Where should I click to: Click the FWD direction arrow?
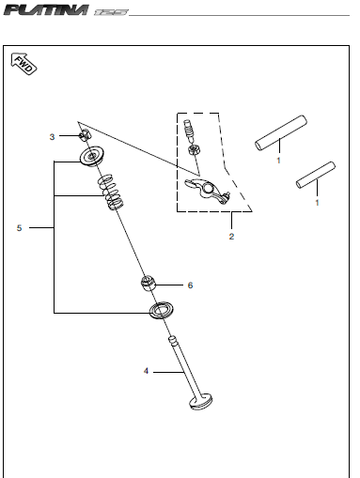click(x=23, y=64)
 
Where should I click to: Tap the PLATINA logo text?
click(x=46, y=9)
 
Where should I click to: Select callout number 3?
click(x=52, y=137)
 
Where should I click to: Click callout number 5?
click(x=19, y=228)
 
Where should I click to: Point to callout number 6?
click(x=190, y=285)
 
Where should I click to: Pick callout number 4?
click(x=146, y=371)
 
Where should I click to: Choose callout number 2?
click(x=231, y=237)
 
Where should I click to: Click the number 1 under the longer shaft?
click(x=278, y=161)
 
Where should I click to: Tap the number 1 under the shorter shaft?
click(x=317, y=203)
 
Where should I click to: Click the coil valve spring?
click(x=110, y=192)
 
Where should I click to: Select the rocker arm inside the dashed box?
click(x=207, y=191)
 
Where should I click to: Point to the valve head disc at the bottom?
click(x=201, y=402)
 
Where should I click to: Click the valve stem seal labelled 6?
click(x=148, y=283)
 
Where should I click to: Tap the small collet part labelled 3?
click(x=85, y=135)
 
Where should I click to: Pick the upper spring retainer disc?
click(x=91, y=156)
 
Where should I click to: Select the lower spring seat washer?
click(x=161, y=311)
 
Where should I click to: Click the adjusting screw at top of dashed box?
click(x=189, y=130)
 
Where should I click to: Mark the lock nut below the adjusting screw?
click(x=192, y=149)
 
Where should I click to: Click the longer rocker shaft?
click(x=280, y=132)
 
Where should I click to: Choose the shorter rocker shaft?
click(x=316, y=176)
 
